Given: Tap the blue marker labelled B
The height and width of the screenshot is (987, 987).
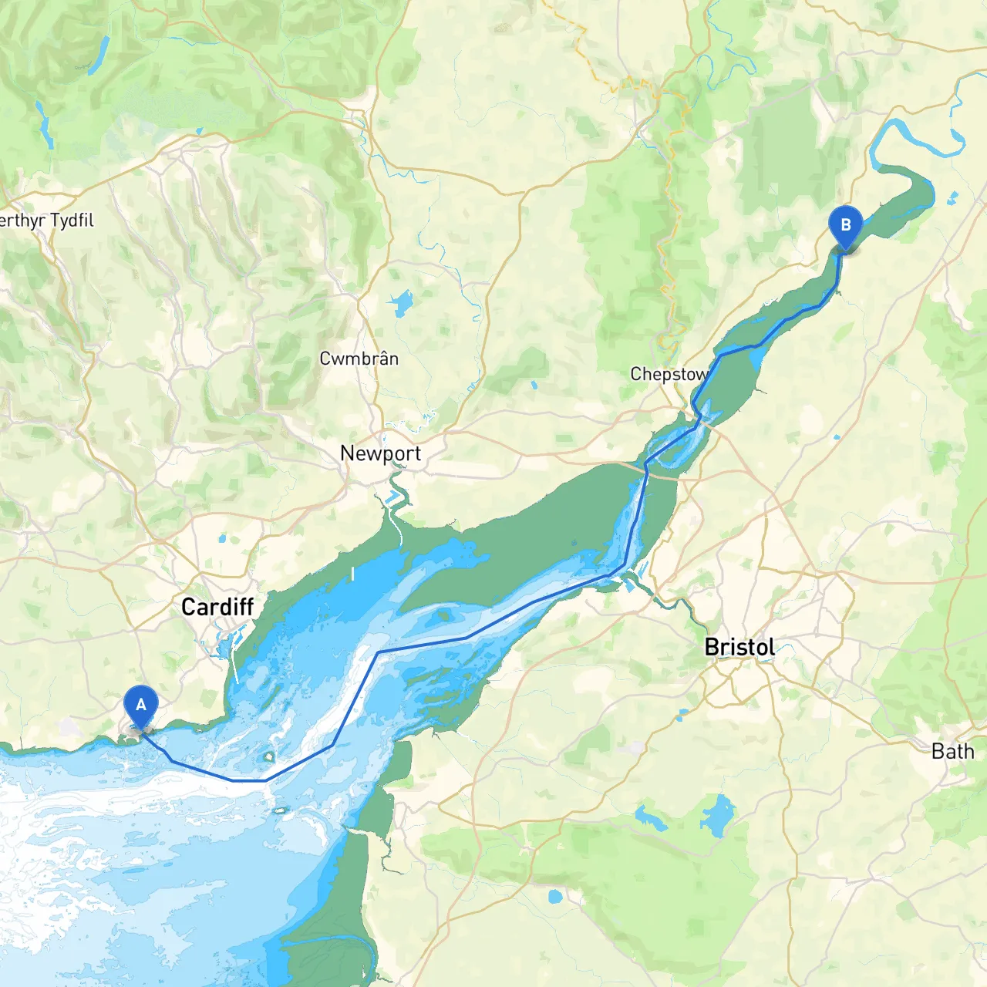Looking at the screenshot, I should click(x=845, y=226).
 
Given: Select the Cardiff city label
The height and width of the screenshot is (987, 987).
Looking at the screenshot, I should click(x=217, y=607).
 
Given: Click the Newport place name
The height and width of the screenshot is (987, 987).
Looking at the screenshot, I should click(x=380, y=453).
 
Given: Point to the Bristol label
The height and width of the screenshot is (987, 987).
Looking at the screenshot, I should click(x=739, y=647).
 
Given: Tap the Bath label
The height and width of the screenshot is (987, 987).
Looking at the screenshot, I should click(x=952, y=751).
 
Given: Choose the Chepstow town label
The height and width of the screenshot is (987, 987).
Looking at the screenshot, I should click(x=669, y=374).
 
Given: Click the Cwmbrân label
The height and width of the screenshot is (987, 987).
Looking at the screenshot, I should click(x=359, y=359).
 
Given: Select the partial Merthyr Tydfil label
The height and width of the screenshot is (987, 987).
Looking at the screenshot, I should click(x=46, y=221).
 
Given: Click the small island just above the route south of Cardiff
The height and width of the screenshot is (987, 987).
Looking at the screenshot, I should click(x=269, y=758).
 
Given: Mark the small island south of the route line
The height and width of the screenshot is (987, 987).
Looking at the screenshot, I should click(x=281, y=810).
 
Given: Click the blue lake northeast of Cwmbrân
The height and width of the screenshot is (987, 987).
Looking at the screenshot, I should click(x=401, y=303).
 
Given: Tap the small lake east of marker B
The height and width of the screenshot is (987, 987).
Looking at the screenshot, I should click(x=950, y=198).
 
